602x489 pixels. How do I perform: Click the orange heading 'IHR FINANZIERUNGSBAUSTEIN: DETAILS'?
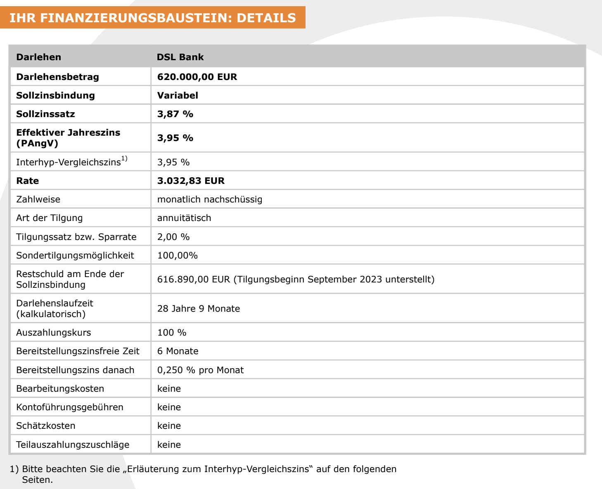coord(152,18)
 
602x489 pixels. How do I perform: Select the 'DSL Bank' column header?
coord(180,57)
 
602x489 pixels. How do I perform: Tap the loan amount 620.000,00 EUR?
coord(197,77)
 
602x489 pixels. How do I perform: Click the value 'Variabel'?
coord(178,95)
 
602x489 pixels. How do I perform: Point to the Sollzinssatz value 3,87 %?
coord(175,114)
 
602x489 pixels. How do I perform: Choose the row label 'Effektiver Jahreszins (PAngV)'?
coord(68,138)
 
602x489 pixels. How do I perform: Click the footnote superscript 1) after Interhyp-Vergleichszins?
coord(124,159)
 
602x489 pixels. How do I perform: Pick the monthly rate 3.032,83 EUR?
coord(191,181)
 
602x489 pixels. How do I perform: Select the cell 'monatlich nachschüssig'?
coord(209,199)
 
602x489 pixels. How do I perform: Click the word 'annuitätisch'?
coord(184,218)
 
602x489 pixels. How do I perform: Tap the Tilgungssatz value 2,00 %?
coord(173,237)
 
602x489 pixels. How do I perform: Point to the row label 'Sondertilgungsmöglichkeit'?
coord(75,255)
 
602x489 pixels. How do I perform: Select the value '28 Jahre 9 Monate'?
coord(198,308)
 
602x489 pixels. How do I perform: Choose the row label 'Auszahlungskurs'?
coord(53,332)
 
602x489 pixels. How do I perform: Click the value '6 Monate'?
coord(178,351)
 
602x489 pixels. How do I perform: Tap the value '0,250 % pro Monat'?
coord(200,370)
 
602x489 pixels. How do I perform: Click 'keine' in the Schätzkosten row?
coord(169,426)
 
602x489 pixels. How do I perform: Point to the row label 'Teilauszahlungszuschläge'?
coord(73,444)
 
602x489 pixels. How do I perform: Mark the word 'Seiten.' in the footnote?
coord(37,480)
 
